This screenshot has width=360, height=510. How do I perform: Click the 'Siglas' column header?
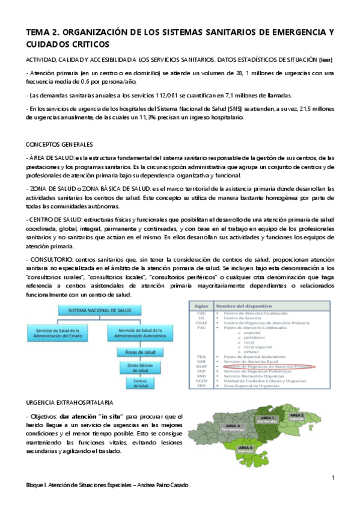[201, 306]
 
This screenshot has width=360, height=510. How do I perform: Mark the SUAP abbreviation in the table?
[201, 365]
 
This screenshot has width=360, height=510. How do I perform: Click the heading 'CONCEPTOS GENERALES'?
[59, 145]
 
